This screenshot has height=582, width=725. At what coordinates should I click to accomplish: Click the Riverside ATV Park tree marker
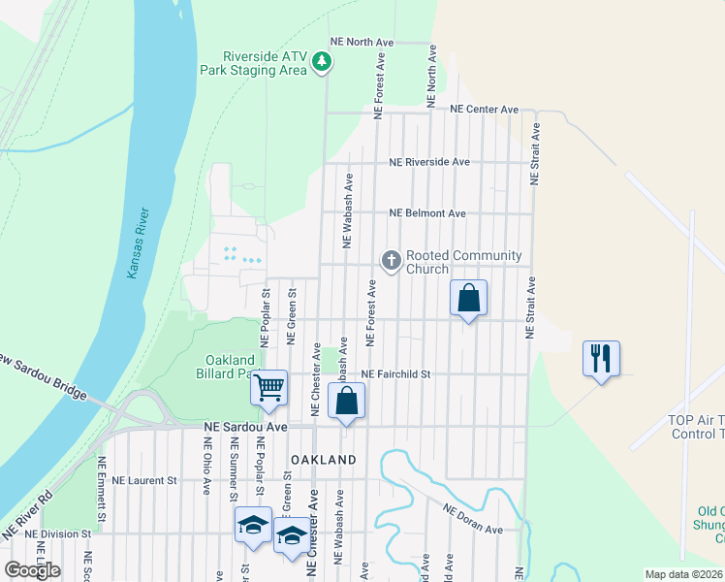(322, 64)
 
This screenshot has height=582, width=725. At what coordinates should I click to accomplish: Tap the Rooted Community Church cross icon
(392, 260)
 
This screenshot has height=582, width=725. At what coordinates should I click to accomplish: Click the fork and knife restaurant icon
(601, 358)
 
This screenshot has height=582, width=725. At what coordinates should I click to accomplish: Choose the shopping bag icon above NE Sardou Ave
(346, 400)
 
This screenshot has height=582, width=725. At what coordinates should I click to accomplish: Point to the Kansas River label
(137, 243)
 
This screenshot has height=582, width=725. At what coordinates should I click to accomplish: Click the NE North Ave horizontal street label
(362, 43)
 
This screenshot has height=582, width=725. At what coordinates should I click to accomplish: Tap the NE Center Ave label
(486, 110)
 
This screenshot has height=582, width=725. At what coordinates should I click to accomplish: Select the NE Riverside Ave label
(428, 162)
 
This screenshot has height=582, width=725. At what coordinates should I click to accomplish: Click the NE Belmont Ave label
(427, 213)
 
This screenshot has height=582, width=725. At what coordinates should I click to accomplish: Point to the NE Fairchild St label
(395, 374)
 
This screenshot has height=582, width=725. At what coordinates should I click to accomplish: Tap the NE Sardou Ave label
(245, 427)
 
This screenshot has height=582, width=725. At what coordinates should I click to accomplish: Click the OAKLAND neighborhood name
(320, 460)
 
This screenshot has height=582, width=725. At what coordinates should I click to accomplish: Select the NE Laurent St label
(144, 479)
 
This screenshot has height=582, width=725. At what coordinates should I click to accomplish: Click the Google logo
(32, 569)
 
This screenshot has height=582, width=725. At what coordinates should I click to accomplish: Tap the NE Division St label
(58, 533)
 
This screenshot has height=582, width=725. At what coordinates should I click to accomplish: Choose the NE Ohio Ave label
(206, 466)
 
